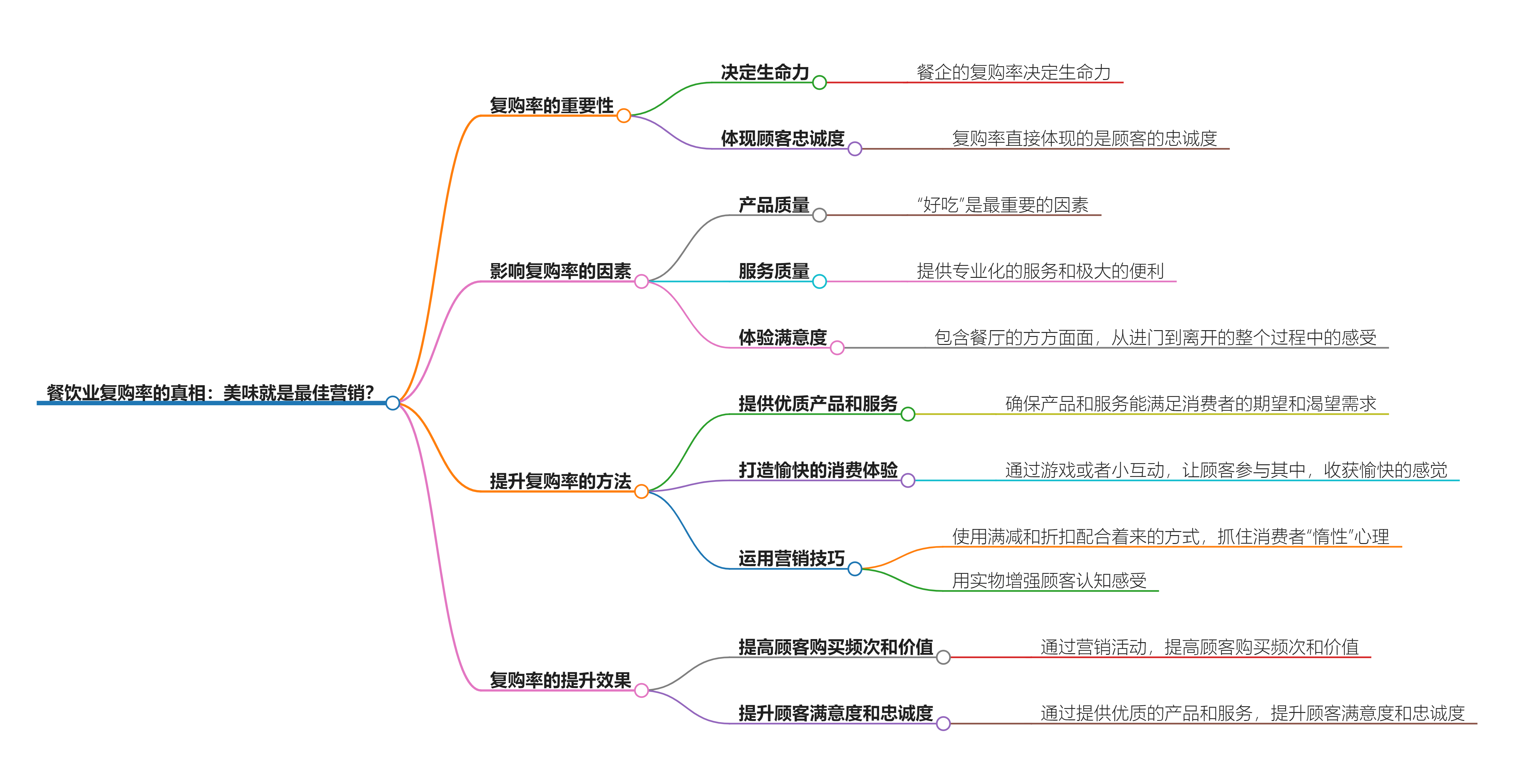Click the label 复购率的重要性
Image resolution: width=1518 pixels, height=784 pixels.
coord(552,106)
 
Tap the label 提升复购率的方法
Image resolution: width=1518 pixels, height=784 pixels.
coord(560,481)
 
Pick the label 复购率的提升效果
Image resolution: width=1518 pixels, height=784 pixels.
coord(560,680)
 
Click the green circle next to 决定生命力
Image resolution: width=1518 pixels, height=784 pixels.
coord(819,82)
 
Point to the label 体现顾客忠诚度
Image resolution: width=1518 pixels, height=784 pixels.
coord(783,138)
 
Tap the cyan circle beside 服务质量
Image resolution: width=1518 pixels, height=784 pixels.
coord(819,282)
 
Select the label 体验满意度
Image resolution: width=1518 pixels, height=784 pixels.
coord(783,338)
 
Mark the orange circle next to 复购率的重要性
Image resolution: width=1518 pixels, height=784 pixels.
coord(624,116)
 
